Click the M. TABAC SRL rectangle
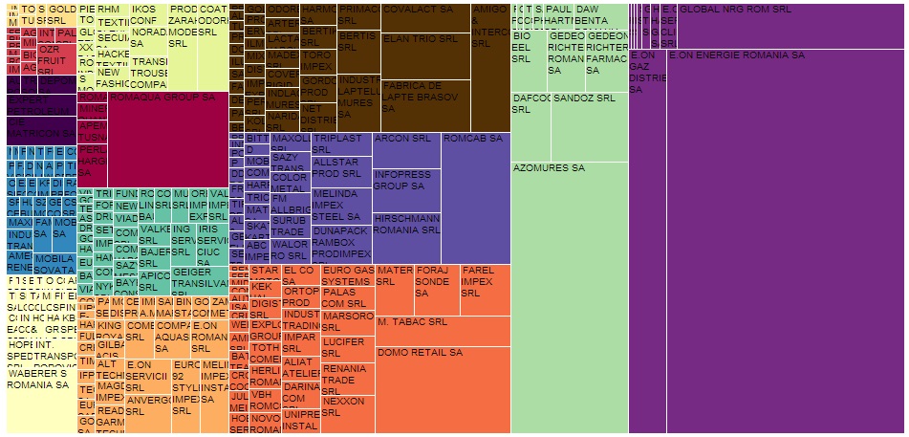pyautogui.click(x=442, y=330)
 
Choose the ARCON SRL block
pyautogui.click(x=406, y=150)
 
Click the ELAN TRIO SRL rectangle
pyautogui.click(x=425, y=55)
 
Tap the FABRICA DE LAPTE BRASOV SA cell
pyautogui.click(x=425, y=104)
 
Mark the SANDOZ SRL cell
pyautogui.click(x=589, y=125)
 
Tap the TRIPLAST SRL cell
pyautogui.click(x=340, y=143)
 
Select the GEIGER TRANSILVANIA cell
pyautogui.click(x=199, y=279)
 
